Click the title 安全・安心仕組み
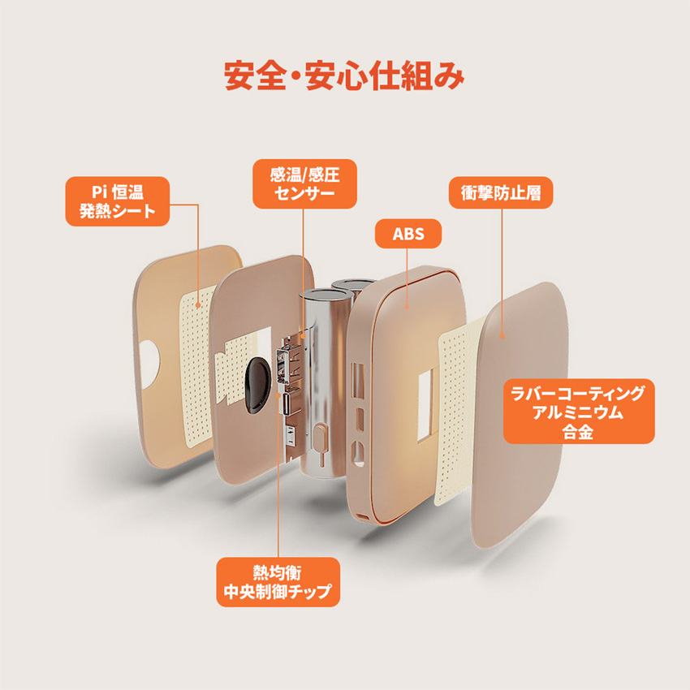click(x=344, y=75)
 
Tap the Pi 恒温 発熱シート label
click(x=118, y=202)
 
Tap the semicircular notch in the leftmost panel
click(x=149, y=360)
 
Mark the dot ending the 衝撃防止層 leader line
click(x=502, y=334)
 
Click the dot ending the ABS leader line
click(x=406, y=306)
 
